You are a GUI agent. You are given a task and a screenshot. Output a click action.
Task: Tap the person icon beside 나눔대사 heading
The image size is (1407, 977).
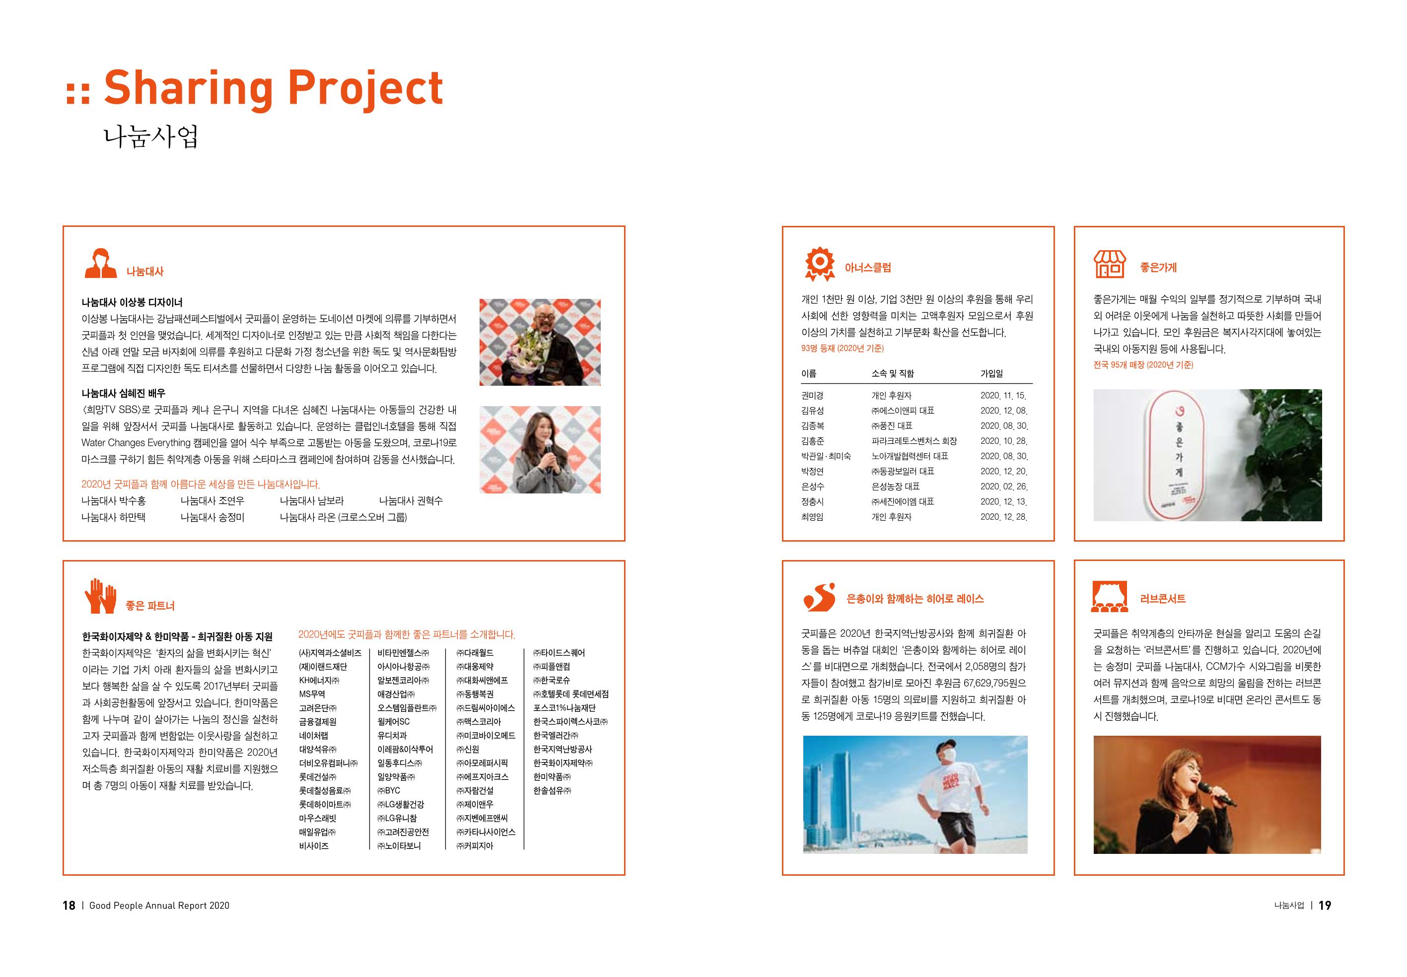pos(100,263)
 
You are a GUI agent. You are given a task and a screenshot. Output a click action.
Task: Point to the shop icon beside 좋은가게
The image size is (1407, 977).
pos(1110,264)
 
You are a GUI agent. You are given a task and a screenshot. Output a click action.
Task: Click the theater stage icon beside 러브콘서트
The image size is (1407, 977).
pos(1110,596)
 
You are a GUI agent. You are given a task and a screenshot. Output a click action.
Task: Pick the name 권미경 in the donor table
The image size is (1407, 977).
pos(812,396)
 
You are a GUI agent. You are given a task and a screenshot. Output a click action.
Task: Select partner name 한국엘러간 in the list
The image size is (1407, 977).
pos(555,736)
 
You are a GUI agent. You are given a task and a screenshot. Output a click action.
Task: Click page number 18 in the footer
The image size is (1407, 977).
pos(69,906)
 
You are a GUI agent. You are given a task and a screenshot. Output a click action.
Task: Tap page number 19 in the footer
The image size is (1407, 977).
pos(1325,906)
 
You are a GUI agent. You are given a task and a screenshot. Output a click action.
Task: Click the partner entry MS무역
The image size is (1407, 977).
pos(312,694)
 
